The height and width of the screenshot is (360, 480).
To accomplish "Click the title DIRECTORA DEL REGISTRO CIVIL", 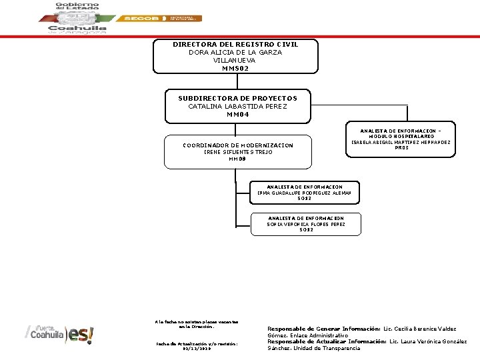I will (x=235, y=44).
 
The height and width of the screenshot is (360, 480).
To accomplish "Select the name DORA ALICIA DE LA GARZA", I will (x=235, y=52).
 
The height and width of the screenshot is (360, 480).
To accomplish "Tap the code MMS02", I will (x=235, y=68).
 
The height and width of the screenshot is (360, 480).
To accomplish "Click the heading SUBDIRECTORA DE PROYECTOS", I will (x=237, y=98).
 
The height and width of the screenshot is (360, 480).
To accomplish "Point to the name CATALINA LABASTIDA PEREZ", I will (x=237, y=106).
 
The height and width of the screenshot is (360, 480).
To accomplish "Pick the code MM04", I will (x=237, y=114).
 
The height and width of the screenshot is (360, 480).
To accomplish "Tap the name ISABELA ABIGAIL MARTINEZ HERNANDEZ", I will (x=401, y=142).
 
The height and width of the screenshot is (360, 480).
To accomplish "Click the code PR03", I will (x=401, y=148).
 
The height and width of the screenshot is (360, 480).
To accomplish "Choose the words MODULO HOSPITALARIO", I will (x=401, y=136).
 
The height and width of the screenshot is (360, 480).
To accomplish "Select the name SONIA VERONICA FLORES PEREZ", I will (x=306, y=224).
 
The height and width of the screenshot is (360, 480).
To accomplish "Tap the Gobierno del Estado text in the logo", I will (x=77, y=8).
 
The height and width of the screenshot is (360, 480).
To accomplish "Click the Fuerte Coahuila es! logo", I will (x=61, y=334).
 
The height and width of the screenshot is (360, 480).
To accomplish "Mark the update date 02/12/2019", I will (x=196, y=348).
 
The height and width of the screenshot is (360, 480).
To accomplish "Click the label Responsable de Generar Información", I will (x=323, y=329).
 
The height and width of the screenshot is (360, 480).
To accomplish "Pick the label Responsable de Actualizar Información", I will (x=326, y=341).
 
